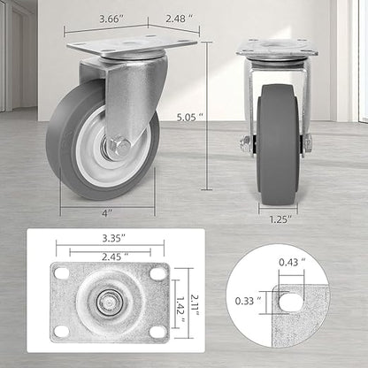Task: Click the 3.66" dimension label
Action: pos(111,19)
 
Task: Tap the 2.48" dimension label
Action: pos(180,19)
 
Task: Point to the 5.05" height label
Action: pos(190,117)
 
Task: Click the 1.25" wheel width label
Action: pos(280,219)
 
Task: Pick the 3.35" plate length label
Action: pos(114,238)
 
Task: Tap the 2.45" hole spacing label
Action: pos(115,257)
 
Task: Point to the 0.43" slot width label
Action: pos(293,262)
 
